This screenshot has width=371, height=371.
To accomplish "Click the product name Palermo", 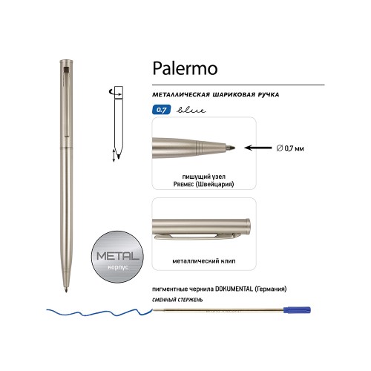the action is click(185, 69).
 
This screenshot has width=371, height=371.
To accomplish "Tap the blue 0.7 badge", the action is click(162, 110).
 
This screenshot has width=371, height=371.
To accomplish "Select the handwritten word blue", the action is click(191, 110).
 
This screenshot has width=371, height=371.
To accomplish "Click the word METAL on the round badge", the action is click(118, 256).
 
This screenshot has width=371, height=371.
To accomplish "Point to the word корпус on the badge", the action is click(118, 267).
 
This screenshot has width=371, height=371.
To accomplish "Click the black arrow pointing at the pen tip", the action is click(257, 148).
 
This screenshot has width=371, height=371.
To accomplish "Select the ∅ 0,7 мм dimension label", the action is click(290, 148).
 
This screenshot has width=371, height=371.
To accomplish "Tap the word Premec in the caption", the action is click(183, 184).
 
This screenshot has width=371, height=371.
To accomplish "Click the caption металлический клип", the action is click(204, 261).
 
